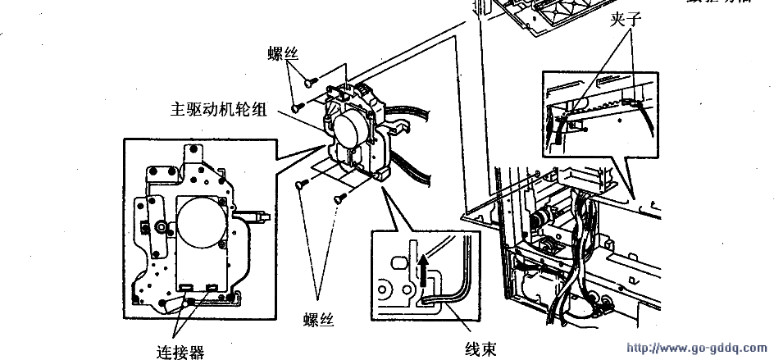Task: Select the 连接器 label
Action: click(x=180, y=352)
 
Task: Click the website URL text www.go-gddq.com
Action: click(x=697, y=349)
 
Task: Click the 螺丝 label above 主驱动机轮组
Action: click(x=282, y=54)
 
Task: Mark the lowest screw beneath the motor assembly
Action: click(x=338, y=198)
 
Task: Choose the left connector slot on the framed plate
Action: click(x=187, y=287)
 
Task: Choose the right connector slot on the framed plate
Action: click(x=213, y=287)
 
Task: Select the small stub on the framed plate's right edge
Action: click(x=262, y=217)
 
